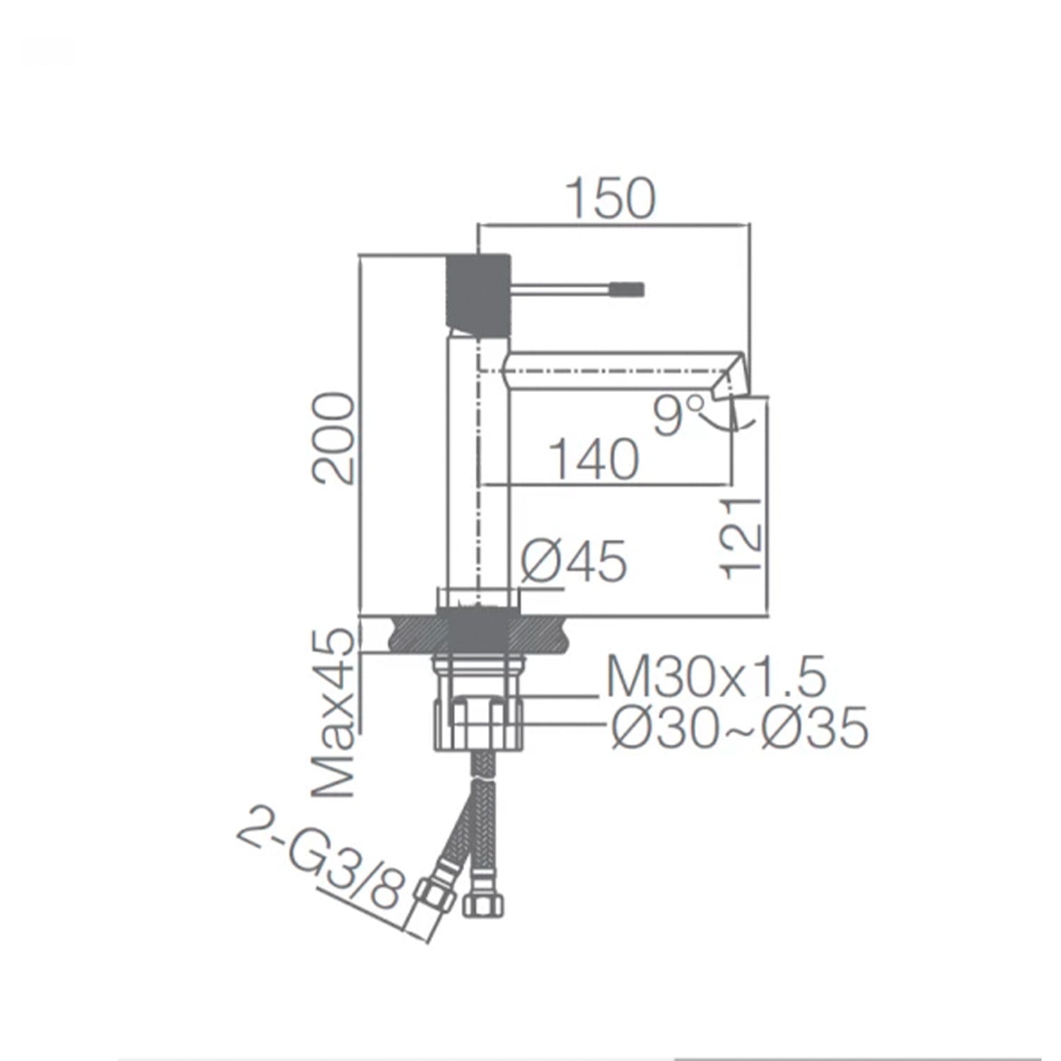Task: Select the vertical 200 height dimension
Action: [x=332, y=439]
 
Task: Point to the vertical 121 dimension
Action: [x=741, y=538]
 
